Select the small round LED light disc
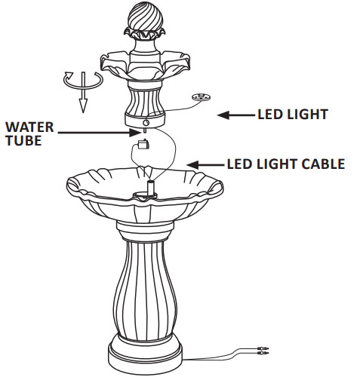(x=200, y=97)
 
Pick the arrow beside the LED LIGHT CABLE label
(x=205, y=164)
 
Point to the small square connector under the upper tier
(x=141, y=145)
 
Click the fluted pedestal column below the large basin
(x=145, y=287)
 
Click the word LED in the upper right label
(x=269, y=115)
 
